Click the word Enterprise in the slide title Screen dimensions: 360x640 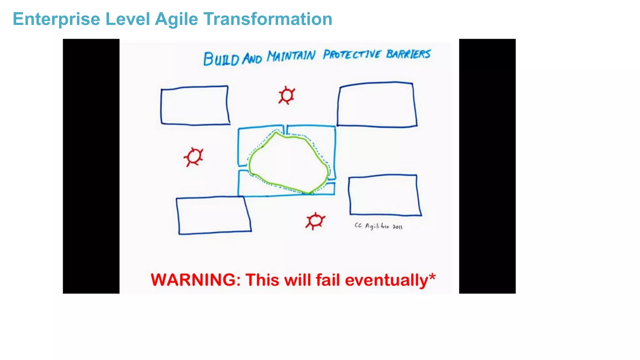point(56,19)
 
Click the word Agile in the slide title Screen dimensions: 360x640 point(177,19)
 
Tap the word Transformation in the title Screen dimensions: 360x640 point(268,19)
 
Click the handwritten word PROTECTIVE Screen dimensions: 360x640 point(352,55)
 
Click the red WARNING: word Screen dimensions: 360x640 point(196,280)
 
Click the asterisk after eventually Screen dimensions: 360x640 point(432,277)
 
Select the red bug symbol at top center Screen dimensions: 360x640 point(287,95)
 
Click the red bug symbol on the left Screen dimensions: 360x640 point(194,157)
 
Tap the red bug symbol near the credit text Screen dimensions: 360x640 point(315,221)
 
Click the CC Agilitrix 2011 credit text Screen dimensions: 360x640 point(378,226)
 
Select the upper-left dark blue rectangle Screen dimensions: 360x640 point(195,106)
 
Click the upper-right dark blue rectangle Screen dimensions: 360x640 point(377,105)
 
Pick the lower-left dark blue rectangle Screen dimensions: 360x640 point(214,215)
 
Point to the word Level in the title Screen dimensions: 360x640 point(127,19)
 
